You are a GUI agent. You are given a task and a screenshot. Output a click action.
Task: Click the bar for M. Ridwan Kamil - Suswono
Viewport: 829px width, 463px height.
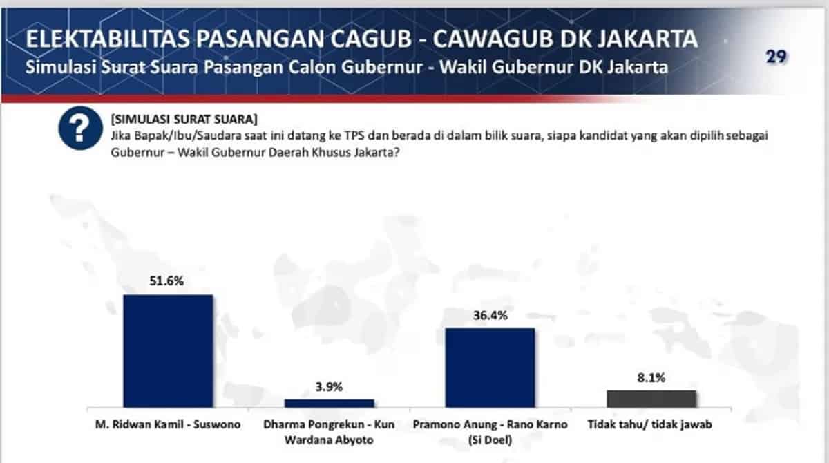click(168, 351)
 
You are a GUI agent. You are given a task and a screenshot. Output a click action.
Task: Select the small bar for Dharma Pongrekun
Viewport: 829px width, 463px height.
click(329, 404)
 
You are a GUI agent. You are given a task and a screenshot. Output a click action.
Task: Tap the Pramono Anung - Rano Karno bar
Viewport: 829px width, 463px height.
click(490, 368)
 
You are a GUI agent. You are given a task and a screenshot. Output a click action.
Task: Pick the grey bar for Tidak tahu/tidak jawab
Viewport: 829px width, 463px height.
click(651, 399)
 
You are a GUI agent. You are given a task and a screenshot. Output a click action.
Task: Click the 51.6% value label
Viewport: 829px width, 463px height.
click(166, 281)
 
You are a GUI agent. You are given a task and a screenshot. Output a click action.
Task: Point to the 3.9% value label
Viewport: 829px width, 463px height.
click(329, 387)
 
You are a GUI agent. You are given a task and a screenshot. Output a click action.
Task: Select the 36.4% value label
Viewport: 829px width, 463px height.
click(490, 315)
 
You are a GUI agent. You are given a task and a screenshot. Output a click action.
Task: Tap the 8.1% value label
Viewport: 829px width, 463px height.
click(651, 377)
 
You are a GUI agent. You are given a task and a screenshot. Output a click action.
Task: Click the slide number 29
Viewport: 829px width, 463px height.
click(776, 57)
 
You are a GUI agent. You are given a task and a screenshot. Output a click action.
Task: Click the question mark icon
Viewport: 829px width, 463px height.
click(80, 128)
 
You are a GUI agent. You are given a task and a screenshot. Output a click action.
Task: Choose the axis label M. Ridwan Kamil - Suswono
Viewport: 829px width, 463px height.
click(168, 424)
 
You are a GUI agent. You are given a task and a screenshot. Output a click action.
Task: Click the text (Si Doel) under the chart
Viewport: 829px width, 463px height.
click(490, 440)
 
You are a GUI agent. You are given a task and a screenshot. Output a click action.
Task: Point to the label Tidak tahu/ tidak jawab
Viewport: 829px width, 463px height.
click(650, 424)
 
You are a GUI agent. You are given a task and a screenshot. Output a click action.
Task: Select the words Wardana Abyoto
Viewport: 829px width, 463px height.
click(329, 440)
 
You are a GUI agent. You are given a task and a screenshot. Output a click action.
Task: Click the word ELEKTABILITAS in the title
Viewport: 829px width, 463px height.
click(108, 39)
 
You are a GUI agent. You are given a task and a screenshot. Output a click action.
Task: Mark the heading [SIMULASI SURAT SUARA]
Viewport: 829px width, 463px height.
click(184, 119)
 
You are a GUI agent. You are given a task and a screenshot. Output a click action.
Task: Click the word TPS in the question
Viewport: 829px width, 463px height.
click(354, 135)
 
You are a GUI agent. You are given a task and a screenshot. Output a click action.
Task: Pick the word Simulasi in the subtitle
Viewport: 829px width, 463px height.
click(61, 67)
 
